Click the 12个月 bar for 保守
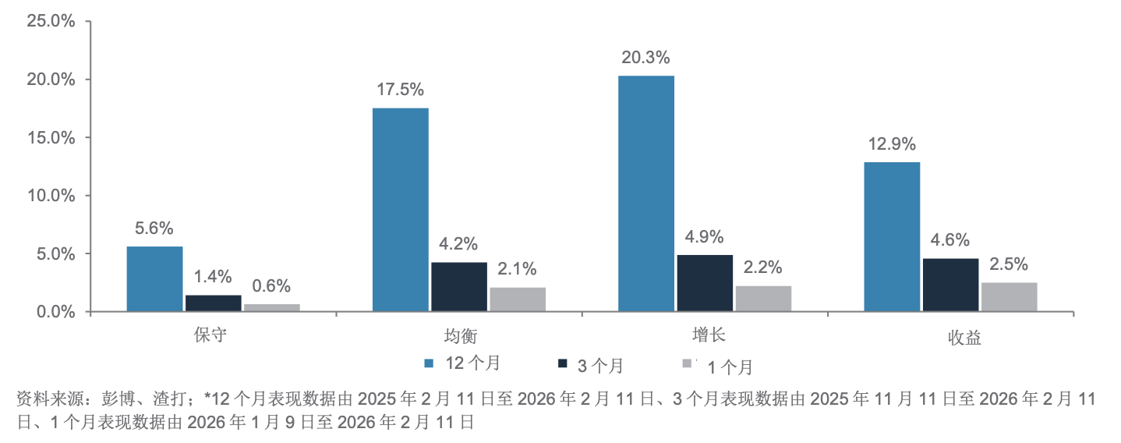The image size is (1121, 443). tap(154, 278)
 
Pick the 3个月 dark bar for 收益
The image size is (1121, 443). tap(950, 285)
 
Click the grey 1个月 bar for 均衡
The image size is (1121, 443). tap(518, 299)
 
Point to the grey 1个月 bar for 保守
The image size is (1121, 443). tap(272, 307)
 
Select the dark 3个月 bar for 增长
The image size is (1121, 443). tap(705, 283)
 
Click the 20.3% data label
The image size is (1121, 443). tap(645, 58)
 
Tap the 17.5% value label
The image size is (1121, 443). tap(400, 90)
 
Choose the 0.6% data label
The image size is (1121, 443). tap(272, 286)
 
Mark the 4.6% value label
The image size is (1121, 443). tap(950, 240)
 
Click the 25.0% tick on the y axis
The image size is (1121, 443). tap(51, 21)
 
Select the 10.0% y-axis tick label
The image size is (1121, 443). tap(51, 196)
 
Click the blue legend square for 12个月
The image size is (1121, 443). tap(429, 363)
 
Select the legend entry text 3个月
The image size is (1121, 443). tap(599, 365)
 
